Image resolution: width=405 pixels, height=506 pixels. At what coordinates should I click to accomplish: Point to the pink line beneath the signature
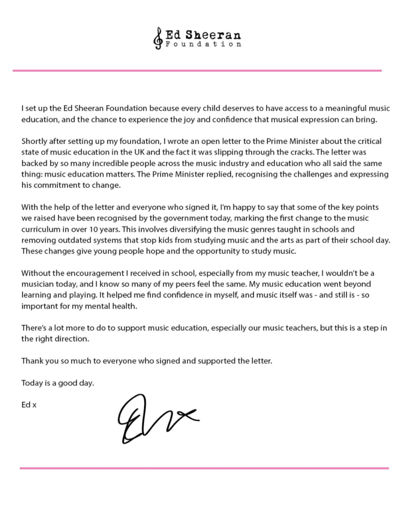tap(204, 467)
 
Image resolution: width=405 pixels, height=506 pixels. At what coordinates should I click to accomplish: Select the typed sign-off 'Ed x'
tap(29, 405)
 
